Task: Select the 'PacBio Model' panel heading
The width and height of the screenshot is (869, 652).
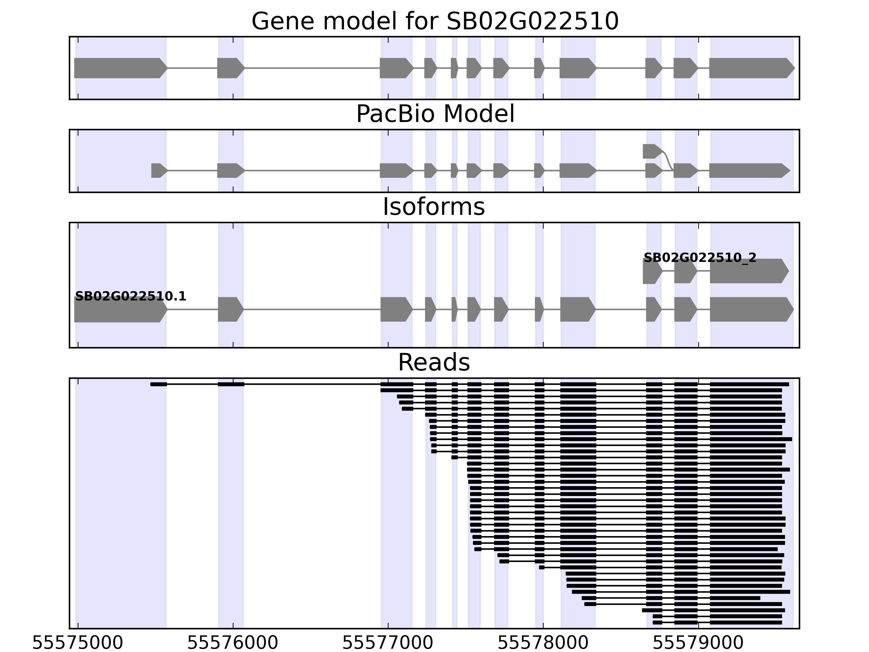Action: (435, 114)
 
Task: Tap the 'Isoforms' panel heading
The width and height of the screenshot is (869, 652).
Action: (434, 207)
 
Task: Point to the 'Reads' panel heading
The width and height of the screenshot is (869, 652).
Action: (434, 362)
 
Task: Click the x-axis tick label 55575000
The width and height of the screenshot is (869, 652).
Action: (77, 643)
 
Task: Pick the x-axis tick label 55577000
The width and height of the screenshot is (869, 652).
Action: (388, 643)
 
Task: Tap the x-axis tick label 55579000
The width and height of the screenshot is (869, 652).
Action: (698, 643)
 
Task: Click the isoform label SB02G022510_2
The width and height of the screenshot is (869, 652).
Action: (700, 258)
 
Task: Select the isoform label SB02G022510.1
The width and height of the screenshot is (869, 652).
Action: (130, 296)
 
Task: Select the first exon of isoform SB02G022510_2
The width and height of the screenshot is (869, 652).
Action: (652, 271)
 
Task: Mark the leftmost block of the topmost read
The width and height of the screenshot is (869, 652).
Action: (158, 384)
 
